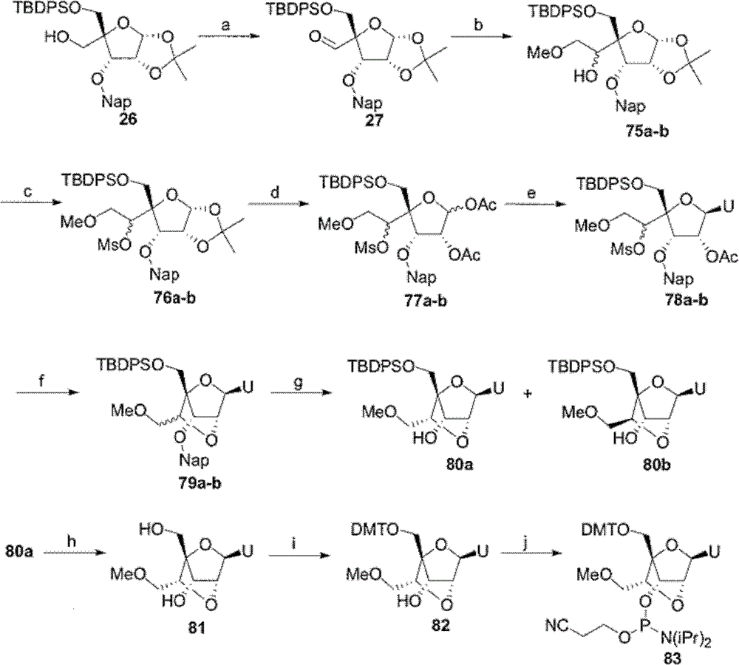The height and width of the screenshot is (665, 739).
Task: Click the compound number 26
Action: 128,119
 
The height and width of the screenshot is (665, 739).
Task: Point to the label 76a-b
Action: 174,298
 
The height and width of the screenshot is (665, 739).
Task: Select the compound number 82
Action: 440,625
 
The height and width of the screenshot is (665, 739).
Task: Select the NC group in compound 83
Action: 557,625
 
